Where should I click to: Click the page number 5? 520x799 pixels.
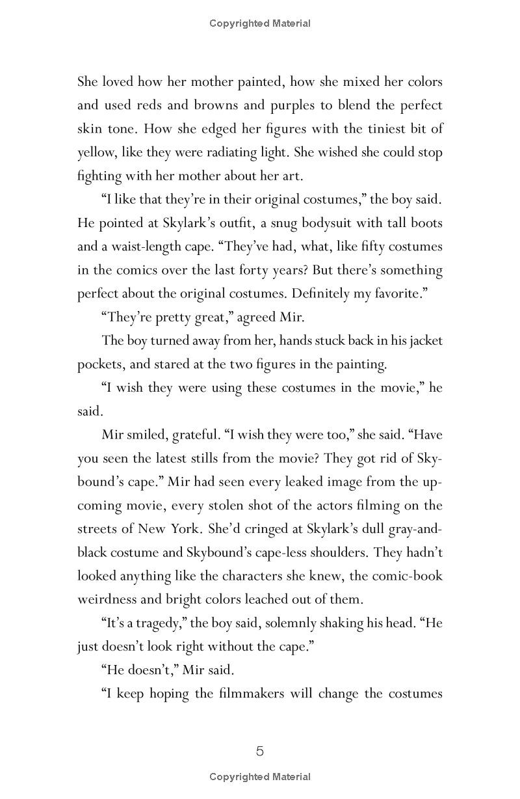[260, 752]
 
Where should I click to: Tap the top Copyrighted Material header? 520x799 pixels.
[260, 23]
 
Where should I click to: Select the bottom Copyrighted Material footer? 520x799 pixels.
[260, 776]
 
